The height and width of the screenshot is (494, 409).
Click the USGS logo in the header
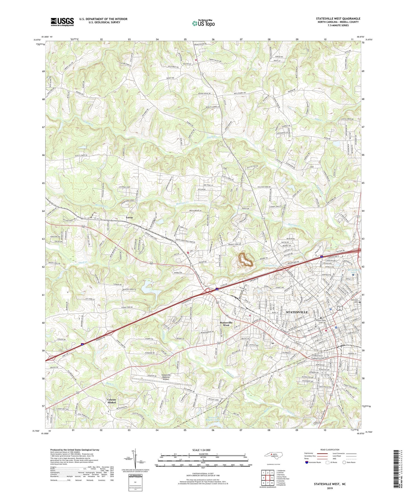coord(62,22)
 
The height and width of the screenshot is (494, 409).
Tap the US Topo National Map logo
coord(203,23)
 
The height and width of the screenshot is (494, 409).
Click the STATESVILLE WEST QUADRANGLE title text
coord(338,19)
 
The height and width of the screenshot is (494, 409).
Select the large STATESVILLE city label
coord(297,312)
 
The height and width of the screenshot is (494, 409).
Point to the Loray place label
coord(130,218)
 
